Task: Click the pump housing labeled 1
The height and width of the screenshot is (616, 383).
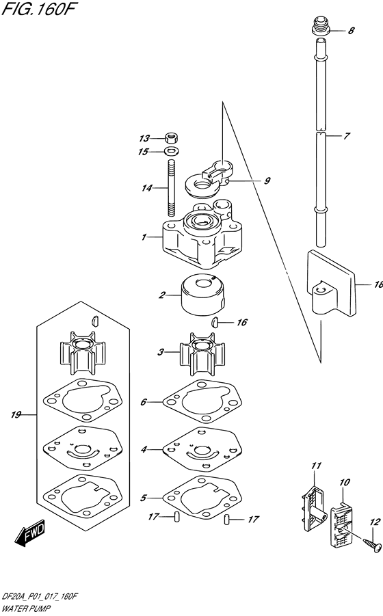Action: point(198,239)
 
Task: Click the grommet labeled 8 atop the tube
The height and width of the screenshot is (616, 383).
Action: point(319,29)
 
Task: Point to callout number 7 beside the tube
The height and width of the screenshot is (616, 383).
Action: point(347,136)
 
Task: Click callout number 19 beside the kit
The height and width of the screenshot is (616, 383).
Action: point(17,414)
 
